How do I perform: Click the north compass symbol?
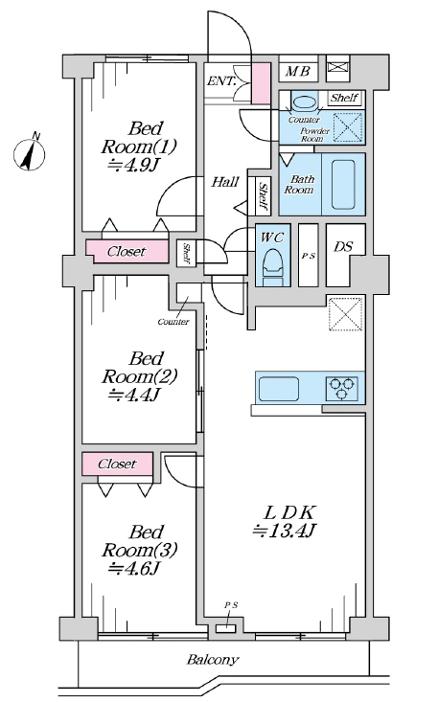coord(30,154)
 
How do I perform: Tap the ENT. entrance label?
coord(221,81)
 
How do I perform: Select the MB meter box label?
coord(298,71)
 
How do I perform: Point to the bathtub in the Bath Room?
coord(343,185)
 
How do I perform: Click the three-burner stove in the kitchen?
coord(342,388)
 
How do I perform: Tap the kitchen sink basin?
coord(280,389)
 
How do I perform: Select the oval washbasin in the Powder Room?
coord(304,102)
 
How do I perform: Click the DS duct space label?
coord(342,246)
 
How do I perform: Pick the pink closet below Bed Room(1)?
coord(127,252)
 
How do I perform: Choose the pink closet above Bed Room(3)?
coord(117,464)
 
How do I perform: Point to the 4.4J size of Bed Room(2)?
coord(134,395)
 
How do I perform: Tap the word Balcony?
coord(213,660)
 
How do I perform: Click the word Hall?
coord(225,182)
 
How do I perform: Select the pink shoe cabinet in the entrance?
coord(260,83)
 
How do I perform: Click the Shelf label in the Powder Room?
coord(344,98)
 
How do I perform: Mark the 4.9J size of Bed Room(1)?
coord(133,166)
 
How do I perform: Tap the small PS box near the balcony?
coord(225,629)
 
